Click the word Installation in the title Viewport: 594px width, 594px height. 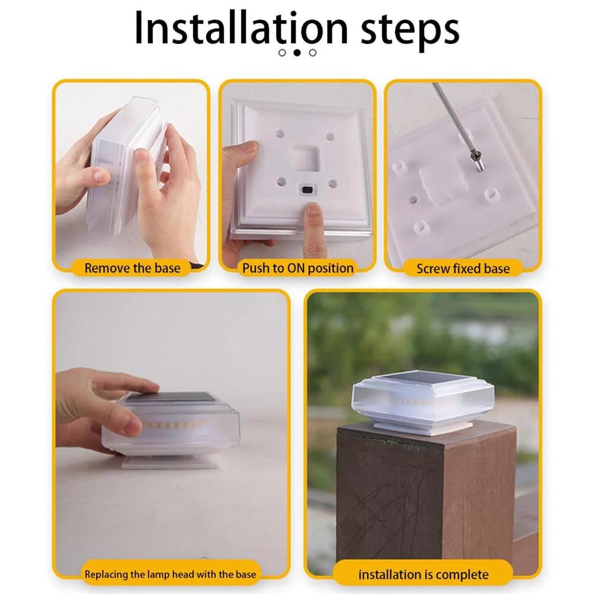(x=241, y=28)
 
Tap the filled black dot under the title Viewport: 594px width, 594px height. (x=298, y=53)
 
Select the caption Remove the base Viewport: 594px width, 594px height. (x=132, y=268)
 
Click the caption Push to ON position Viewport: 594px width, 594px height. (x=298, y=268)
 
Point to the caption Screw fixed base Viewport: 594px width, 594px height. (x=463, y=269)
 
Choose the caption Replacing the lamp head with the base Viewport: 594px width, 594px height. (x=170, y=574)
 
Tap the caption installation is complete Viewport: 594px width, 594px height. (x=423, y=575)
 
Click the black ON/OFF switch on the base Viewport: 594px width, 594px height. (x=306, y=189)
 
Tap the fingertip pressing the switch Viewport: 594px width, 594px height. (x=314, y=209)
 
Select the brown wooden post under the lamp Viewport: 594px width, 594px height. (x=426, y=497)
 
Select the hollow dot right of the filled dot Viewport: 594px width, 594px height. (x=313, y=53)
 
